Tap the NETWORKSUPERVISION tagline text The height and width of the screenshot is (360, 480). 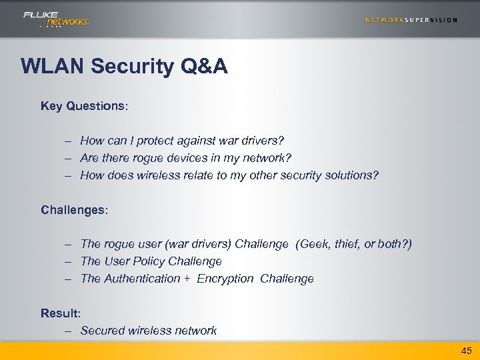tap(411, 19)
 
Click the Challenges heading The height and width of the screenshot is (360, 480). tap(74, 210)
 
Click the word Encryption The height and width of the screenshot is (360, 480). tap(225, 279)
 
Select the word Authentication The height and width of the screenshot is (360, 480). tap(142, 279)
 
